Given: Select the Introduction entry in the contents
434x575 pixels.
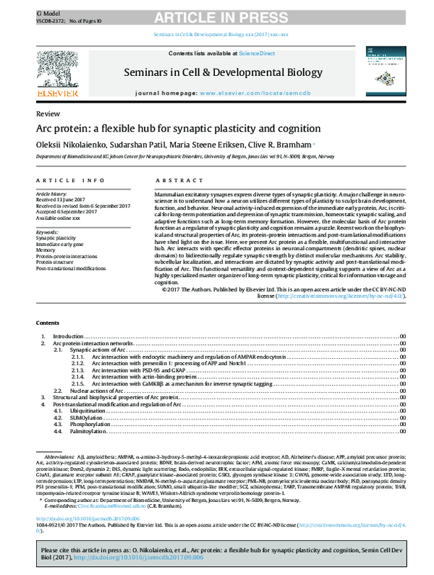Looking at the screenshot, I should tap(69, 337).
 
